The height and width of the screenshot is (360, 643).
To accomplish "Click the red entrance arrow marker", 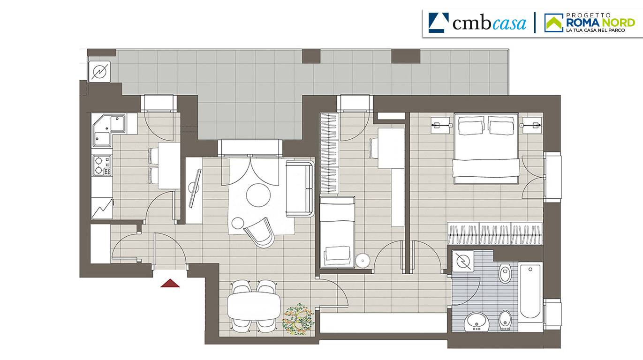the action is click(170, 283).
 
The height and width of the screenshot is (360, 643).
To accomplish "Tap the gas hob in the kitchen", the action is click(102, 165).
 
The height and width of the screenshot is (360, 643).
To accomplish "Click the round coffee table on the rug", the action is click(258, 195).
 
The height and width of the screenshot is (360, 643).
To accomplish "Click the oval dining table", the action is click(254, 306).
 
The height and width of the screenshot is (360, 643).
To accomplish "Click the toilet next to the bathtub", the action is click(505, 273).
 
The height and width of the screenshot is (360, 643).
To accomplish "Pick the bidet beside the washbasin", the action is click(505, 321).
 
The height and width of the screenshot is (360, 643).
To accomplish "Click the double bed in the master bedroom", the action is click(486, 148).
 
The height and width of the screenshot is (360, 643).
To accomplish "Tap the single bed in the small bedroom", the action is click(337, 232).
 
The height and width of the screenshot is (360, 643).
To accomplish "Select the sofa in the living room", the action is click(300, 188).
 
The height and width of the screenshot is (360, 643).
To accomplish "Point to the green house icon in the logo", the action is click(554, 22).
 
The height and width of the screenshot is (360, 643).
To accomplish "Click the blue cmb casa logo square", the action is click(439, 22).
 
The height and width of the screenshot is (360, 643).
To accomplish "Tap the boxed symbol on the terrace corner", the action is click(99, 72).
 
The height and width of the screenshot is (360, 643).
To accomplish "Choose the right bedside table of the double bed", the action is click(532, 125).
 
